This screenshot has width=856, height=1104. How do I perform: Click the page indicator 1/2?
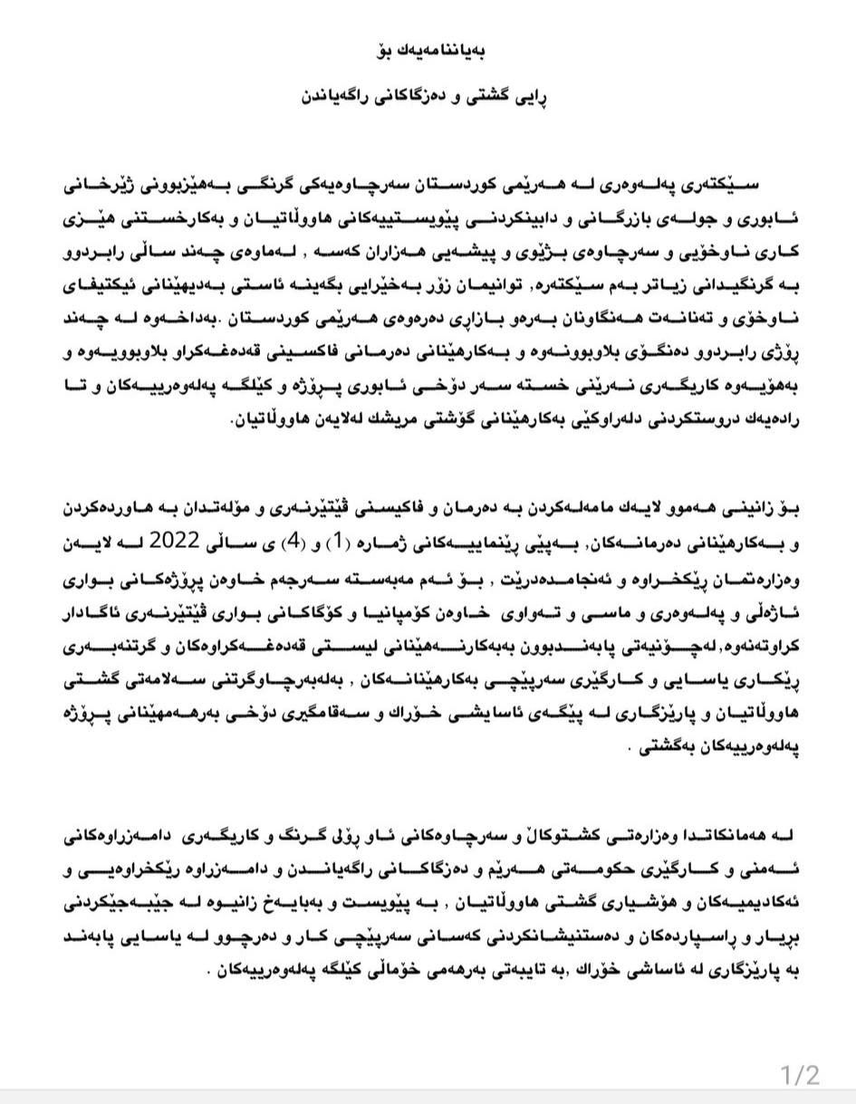pyautogui.click(x=800, y=1075)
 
